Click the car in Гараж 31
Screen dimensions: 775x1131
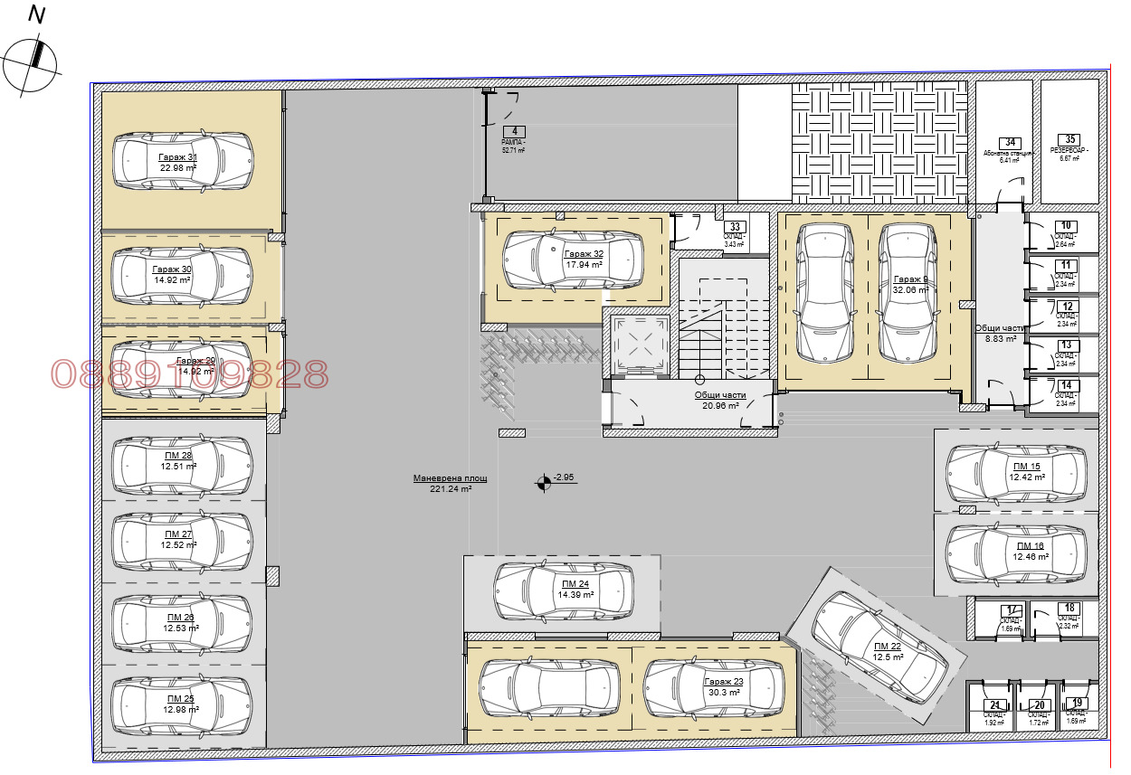click(181, 161)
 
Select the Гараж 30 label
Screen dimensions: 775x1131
click(172, 269)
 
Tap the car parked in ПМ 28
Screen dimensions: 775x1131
click(181, 461)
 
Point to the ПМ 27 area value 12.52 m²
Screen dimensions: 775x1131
click(178, 545)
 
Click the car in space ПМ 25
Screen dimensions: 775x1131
click(181, 704)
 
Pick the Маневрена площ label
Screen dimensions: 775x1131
click(450, 478)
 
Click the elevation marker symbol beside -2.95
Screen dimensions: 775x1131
click(543, 483)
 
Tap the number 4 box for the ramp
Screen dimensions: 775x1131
click(513, 132)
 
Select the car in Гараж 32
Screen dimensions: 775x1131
click(573, 260)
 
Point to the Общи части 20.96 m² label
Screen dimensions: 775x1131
click(720, 401)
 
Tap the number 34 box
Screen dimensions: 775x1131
click(1010, 143)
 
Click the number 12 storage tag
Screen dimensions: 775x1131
click(1068, 307)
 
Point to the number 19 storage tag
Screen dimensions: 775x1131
click(1076, 703)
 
